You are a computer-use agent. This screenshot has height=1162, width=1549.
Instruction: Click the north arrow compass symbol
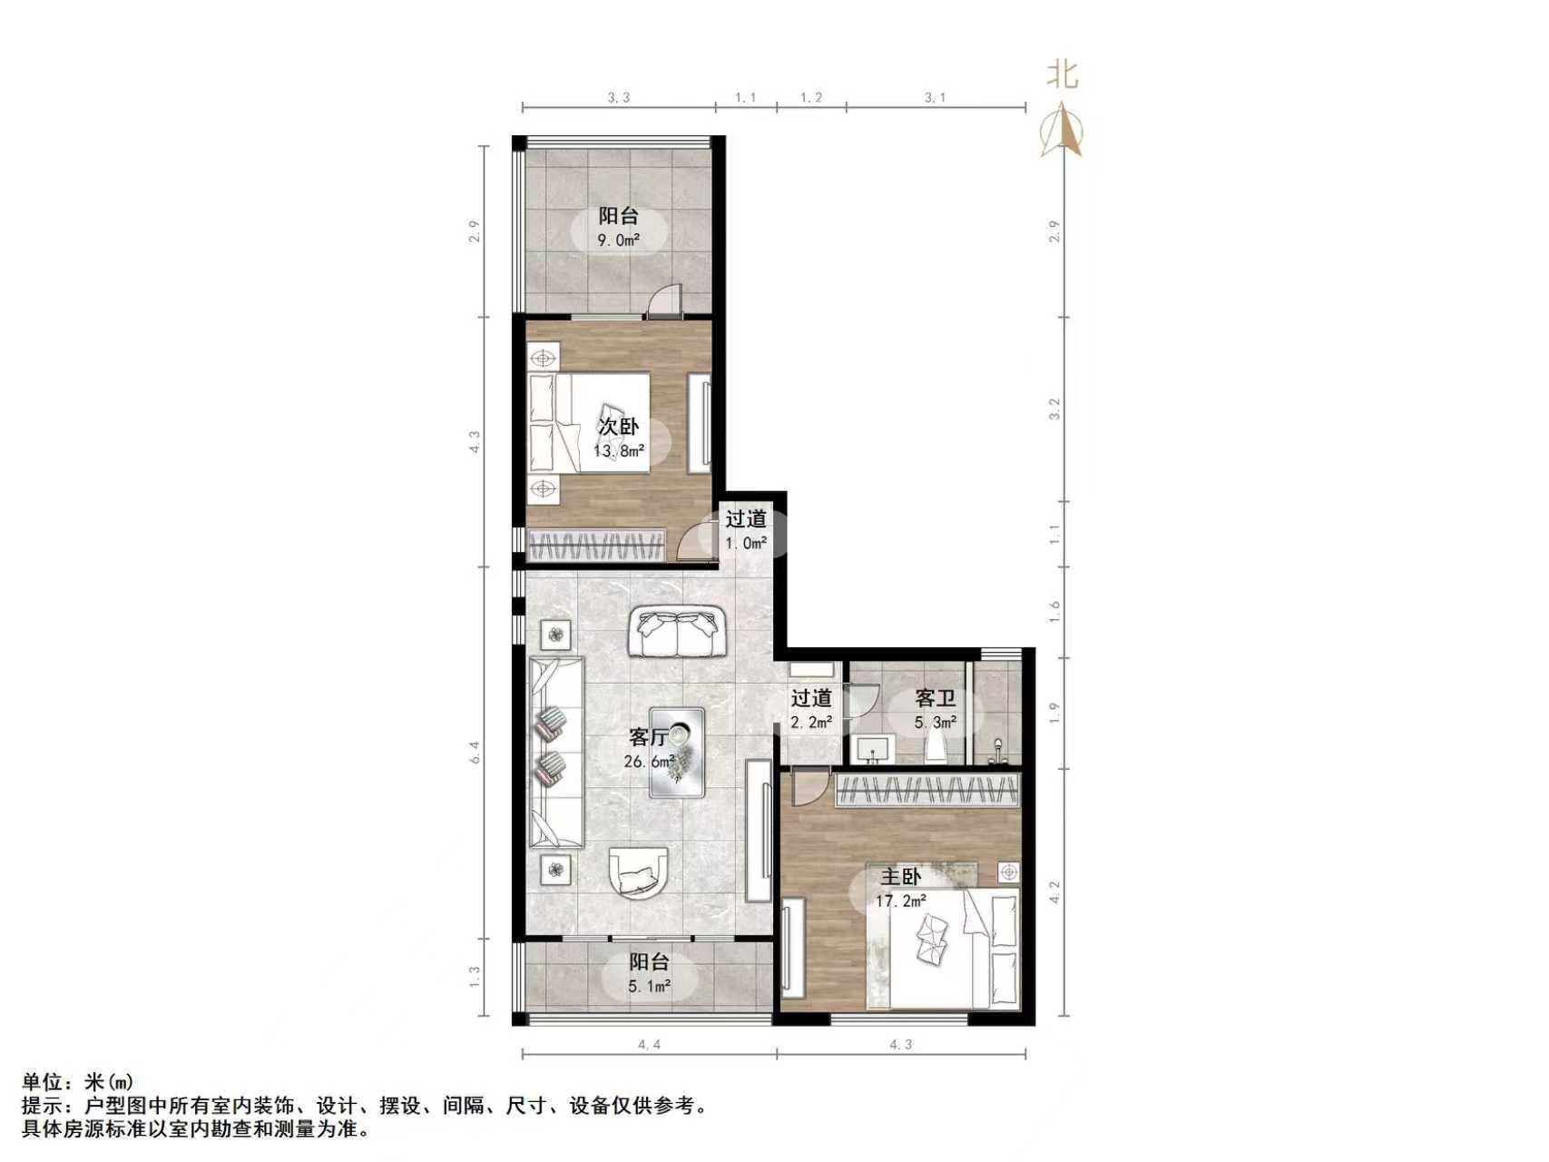click(1063, 131)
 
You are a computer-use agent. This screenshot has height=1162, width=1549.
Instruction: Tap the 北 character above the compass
click(1063, 74)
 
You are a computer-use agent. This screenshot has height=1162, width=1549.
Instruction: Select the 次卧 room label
click(618, 426)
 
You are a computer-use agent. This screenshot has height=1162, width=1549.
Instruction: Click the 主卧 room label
click(900, 877)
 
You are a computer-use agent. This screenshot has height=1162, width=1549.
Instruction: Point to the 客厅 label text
click(648, 737)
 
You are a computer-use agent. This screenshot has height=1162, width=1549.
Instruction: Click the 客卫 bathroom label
click(935, 698)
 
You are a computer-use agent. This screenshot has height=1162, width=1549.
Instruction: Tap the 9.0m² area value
click(618, 241)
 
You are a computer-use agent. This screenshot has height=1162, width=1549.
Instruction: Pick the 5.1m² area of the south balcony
click(649, 986)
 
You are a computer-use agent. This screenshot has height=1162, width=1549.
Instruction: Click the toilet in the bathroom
click(936, 747)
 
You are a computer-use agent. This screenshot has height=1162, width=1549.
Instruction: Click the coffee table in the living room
click(678, 752)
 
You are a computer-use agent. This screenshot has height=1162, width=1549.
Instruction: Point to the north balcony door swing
click(665, 300)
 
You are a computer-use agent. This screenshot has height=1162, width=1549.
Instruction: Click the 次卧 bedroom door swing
click(699, 541)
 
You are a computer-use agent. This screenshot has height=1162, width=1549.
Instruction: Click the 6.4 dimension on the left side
click(474, 753)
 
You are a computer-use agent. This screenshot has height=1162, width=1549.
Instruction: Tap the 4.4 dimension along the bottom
click(649, 1045)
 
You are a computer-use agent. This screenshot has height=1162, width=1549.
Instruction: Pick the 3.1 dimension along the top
click(935, 97)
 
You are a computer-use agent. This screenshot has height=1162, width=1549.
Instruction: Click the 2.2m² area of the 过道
click(810, 723)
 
